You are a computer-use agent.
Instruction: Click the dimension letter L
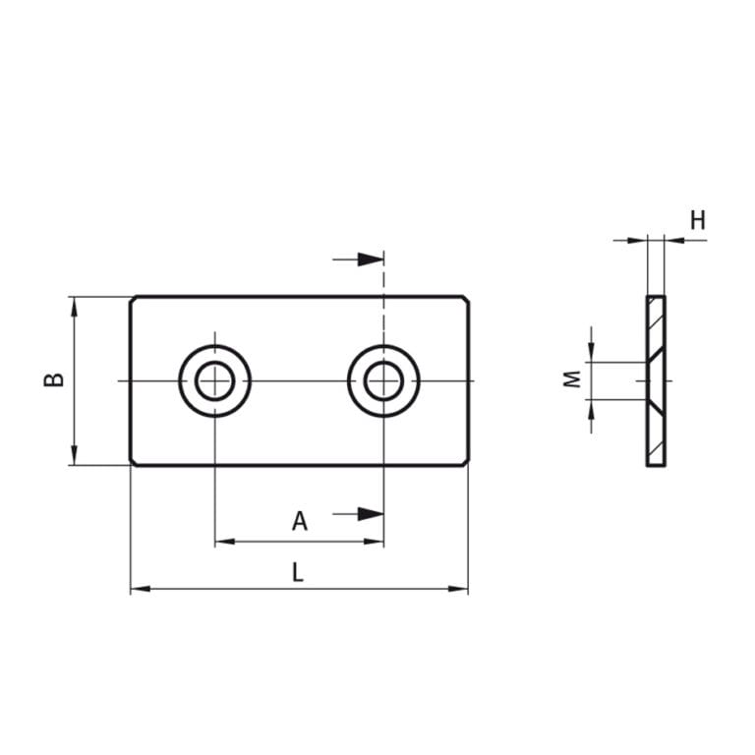click(x=297, y=572)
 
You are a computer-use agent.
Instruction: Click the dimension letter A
click(x=300, y=521)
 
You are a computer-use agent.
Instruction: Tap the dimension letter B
click(x=55, y=379)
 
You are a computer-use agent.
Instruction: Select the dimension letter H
click(x=697, y=220)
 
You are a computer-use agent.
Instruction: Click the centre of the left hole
click(x=214, y=380)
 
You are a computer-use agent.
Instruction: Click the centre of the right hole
click(x=383, y=380)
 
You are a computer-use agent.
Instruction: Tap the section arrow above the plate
click(x=369, y=260)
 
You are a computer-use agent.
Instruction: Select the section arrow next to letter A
click(x=369, y=513)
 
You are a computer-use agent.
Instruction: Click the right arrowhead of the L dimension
click(x=459, y=589)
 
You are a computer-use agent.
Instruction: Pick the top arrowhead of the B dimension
click(x=74, y=306)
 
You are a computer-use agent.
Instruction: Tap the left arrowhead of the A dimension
click(x=224, y=541)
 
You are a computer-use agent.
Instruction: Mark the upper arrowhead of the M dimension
click(x=591, y=353)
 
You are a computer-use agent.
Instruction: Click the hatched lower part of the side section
click(x=656, y=433)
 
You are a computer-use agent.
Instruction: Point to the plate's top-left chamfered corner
click(x=133, y=298)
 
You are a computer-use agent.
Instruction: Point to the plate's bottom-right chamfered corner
click(x=466, y=463)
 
